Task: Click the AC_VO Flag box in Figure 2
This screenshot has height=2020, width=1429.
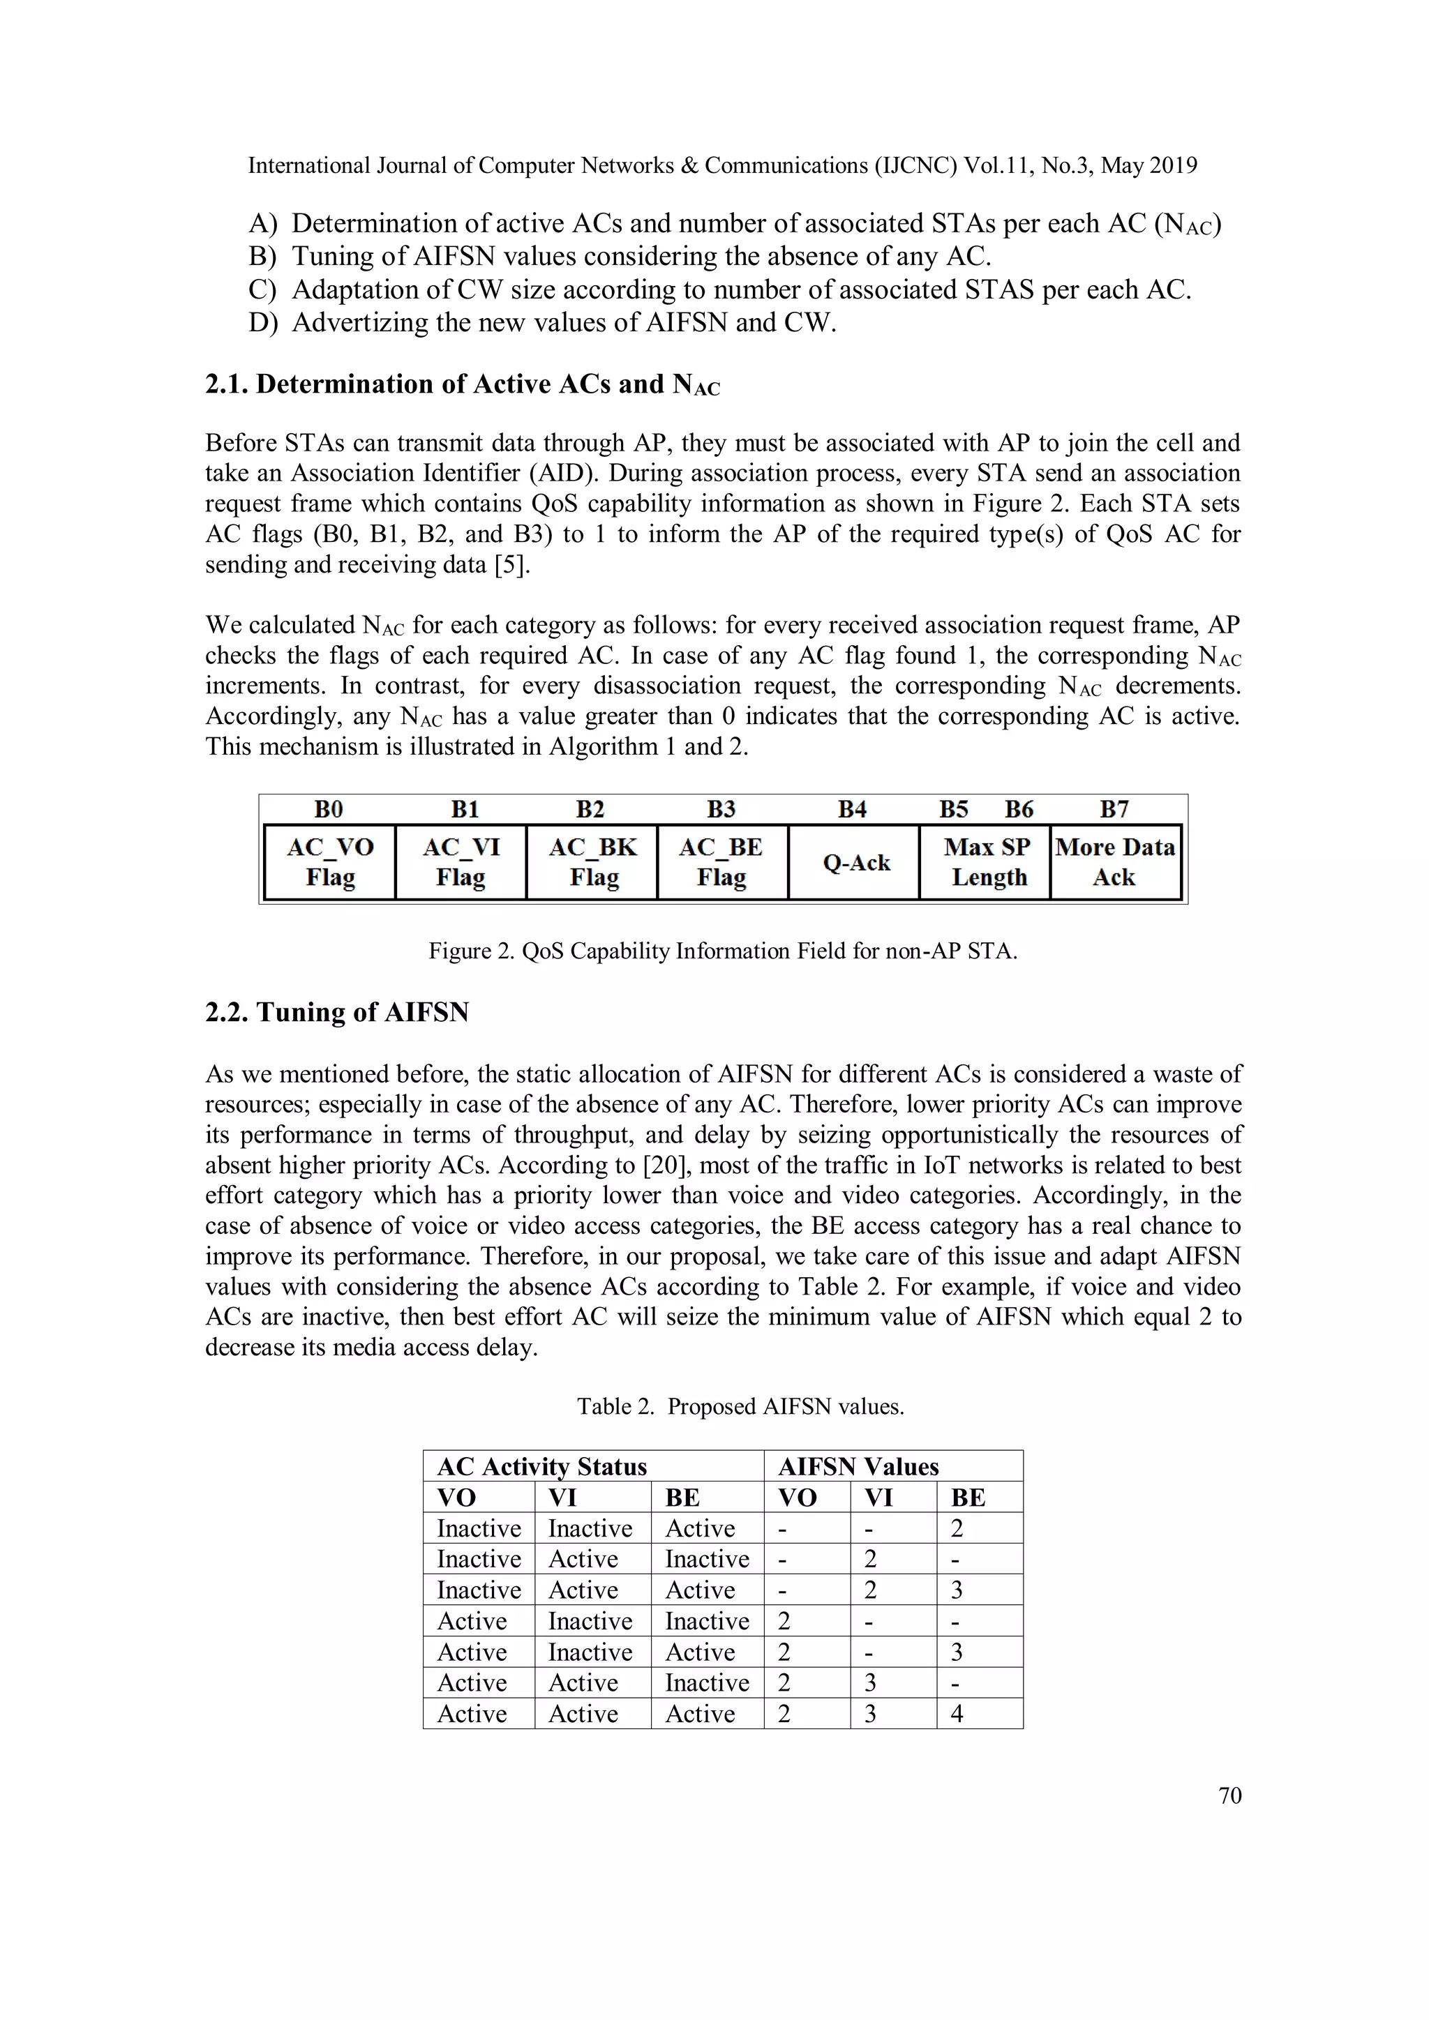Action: [330, 862]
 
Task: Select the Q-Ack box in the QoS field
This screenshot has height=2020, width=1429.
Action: [855, 863]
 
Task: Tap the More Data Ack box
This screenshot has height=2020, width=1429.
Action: [1115, 862]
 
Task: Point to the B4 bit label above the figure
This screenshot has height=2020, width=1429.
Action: [852, 809]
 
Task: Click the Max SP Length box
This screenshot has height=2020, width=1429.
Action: [987, 862]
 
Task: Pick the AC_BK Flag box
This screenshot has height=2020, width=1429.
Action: [592, 862]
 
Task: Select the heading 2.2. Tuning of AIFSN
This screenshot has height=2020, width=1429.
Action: [337, 1013]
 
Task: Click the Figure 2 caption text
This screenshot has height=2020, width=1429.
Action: [722, 951]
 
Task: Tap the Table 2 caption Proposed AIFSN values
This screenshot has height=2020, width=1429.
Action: [740, 1407]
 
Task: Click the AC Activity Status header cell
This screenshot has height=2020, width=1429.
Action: [542, 1467]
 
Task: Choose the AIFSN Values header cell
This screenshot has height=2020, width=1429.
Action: [858, 1467]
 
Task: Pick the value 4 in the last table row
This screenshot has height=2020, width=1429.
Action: [957, 1714]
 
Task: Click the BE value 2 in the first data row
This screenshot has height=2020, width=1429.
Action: [957, 1528]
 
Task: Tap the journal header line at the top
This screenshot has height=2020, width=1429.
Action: [721, 165]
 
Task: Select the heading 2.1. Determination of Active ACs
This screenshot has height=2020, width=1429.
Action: [462, 384]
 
